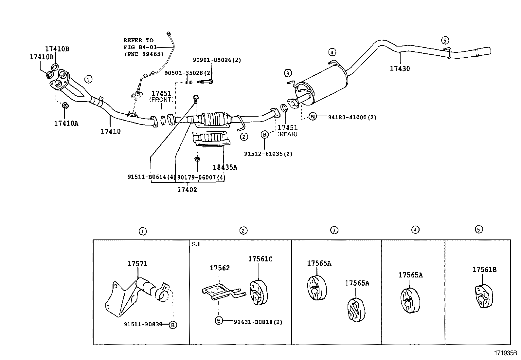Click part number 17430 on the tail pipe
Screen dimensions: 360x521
(400, 69)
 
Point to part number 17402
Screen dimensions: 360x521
(187, 190)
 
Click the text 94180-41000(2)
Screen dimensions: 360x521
(352, 117)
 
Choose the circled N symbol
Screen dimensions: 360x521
(313, 116)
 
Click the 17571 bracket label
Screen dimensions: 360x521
(137, 264)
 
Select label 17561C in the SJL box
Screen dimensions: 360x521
(260, 259)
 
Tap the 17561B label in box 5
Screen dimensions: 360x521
(484, 270)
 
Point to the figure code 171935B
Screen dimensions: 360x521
(505, 353)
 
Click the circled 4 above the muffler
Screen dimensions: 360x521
(332, 52)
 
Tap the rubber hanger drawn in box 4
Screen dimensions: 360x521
(410, 300)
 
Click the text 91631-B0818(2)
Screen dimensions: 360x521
(258, 322)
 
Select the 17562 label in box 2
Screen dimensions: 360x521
(220, 268)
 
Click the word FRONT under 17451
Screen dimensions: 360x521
(161, 100)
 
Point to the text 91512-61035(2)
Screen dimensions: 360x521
(268, 154)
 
